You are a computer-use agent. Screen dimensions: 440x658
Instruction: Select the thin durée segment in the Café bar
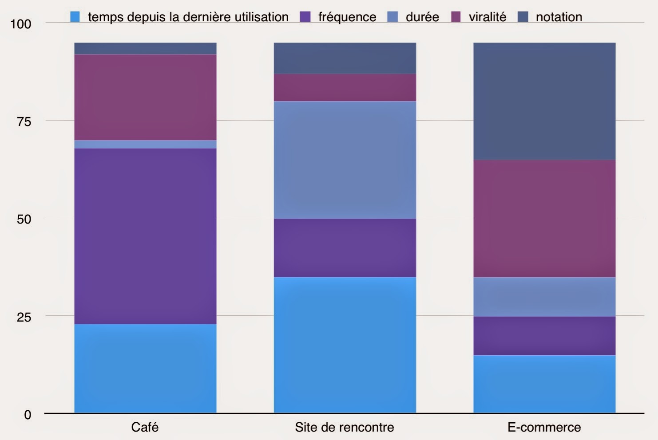[145, 144]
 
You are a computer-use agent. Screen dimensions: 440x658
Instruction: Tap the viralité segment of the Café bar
[145, 97]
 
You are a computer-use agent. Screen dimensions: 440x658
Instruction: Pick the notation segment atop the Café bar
[145, 48]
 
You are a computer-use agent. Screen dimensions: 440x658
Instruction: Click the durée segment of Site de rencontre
[345, 160]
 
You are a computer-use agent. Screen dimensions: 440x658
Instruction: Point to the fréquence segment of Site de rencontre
[345, 247]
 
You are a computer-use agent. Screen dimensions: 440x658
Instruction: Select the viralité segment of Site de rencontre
[345, 87]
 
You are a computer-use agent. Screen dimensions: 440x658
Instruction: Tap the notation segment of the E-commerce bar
[544, 101]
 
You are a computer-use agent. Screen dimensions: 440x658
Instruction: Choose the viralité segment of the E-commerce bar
[544, 218]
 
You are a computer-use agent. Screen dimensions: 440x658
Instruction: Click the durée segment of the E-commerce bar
[544, 297]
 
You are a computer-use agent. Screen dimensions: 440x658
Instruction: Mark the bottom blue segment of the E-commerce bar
[544, 384]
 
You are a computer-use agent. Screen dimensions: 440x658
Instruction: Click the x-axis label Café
[145, 427]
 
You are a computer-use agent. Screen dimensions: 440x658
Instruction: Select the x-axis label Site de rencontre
[345, 427]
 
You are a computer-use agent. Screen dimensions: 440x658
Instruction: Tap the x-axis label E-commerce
[544, 427]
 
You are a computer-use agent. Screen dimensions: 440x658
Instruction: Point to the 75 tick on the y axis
[24, 121]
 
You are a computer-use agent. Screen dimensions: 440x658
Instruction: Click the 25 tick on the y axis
[24, 317]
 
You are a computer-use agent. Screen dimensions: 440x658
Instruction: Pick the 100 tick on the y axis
[21, 24]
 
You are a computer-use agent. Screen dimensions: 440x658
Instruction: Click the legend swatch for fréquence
[305, 17]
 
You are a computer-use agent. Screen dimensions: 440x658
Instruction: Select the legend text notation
[559, 17]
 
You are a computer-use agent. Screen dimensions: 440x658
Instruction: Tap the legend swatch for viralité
[456, 17]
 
